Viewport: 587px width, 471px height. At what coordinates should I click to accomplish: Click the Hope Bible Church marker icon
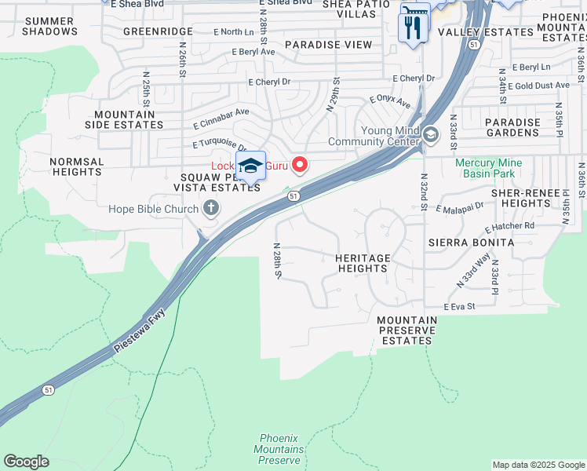210,208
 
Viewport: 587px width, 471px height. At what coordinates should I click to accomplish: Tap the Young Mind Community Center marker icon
430,135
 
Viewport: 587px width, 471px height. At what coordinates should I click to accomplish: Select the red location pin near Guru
299,165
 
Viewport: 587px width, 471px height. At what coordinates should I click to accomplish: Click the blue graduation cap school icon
250,166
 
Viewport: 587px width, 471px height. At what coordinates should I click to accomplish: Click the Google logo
26,462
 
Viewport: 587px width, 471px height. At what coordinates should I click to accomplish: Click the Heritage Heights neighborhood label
362,263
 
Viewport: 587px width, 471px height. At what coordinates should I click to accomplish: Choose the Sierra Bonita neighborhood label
471,243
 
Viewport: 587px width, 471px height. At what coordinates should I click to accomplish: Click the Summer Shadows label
49,26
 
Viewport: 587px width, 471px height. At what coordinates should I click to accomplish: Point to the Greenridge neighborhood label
158,32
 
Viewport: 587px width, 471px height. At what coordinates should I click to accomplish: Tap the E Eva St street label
460,306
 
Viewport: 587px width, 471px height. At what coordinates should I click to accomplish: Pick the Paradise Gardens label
512,128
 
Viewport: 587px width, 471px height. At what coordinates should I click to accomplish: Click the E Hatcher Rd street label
509,227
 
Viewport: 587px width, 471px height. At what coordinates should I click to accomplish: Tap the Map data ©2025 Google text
538,465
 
